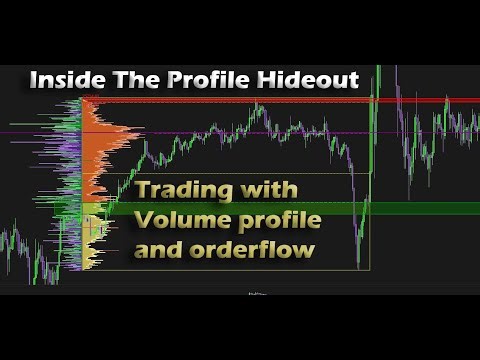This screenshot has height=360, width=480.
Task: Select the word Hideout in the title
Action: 309,80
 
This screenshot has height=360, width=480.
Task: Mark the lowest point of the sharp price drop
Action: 358,266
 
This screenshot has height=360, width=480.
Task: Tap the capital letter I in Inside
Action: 34,80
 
